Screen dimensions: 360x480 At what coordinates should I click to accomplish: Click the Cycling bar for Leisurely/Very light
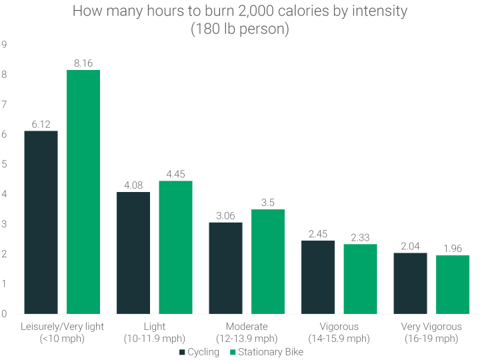[41, 222]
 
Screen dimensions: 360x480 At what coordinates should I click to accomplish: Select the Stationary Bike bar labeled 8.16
[83, 192]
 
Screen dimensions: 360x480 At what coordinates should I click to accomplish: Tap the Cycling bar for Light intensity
[133, 253]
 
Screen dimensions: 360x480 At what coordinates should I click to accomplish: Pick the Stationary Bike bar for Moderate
[268, 261]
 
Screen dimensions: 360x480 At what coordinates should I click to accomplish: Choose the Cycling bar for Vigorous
[318, 277]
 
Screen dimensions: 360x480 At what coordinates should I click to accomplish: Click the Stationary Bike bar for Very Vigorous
[453, 284]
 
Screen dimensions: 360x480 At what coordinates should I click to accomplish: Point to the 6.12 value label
[41, 124]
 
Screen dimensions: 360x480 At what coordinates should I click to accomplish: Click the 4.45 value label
[176, 174]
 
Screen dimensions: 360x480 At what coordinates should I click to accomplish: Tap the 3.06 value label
[225, 215]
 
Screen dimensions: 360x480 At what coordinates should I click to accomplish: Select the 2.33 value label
[361, 237]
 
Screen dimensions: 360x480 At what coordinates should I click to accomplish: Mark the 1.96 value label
[453, 248]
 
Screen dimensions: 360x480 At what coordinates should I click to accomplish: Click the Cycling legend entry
[199, 352]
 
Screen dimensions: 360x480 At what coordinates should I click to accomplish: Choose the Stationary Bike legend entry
[265, 352]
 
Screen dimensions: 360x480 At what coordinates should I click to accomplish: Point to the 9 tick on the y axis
[4, 45]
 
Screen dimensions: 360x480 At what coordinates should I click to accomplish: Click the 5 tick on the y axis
[4, 164]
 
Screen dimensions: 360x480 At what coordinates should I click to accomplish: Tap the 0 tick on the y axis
[4, 313]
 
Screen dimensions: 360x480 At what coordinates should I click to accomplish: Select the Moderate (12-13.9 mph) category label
[247, 332]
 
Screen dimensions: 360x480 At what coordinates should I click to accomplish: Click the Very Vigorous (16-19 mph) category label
[431, 332]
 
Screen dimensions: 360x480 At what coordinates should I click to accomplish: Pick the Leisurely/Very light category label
[62, 332]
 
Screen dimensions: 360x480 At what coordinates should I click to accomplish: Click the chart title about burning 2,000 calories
[240, 21]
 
